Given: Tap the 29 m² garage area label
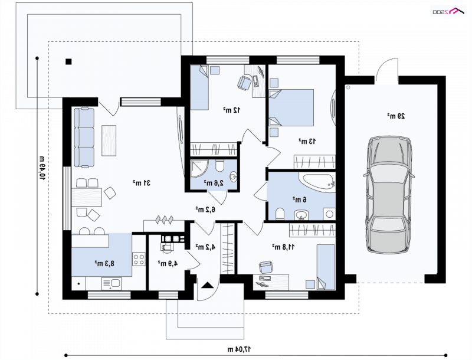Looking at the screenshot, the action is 396,116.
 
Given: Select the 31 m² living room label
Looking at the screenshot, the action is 142,183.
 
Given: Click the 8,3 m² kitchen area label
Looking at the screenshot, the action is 104,264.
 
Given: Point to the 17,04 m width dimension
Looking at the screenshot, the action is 239,349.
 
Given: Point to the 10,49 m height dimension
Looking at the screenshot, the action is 41,168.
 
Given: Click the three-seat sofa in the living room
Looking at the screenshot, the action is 84,138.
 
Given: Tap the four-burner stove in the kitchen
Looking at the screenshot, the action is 139,259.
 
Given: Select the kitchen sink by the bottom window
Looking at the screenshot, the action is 112,283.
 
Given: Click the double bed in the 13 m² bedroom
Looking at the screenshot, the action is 291,107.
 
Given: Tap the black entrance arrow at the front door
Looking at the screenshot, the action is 207,285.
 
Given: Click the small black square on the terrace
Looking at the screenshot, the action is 68,62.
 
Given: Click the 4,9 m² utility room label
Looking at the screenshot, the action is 168,263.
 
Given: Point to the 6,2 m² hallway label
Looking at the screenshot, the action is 205,209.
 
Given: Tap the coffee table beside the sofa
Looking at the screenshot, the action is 109,140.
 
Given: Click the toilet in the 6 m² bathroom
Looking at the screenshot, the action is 280,214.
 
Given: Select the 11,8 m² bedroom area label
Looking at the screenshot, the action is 284,247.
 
